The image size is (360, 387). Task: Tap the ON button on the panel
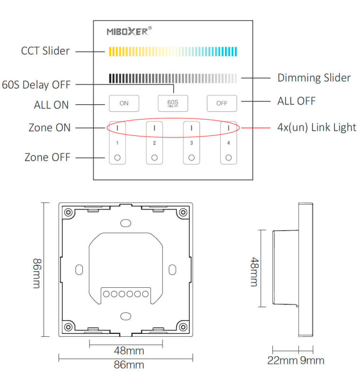(x=124, y=103)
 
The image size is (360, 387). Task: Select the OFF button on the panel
(x=222, y=103)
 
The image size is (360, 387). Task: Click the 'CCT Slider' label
(x=45, y=51)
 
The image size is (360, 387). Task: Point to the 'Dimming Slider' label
(x=314, y=77)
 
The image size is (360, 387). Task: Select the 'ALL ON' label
(x=51, y=104)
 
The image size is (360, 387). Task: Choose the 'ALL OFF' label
(x=296, y=101)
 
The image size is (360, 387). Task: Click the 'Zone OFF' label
(x=47, y=157)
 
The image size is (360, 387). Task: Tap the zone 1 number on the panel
(x=117, y=143)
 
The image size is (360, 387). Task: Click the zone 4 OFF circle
(x=228, y=158)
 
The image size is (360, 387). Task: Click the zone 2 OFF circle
(x=154, y=158)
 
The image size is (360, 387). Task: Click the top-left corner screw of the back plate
(x=69, y=212)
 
